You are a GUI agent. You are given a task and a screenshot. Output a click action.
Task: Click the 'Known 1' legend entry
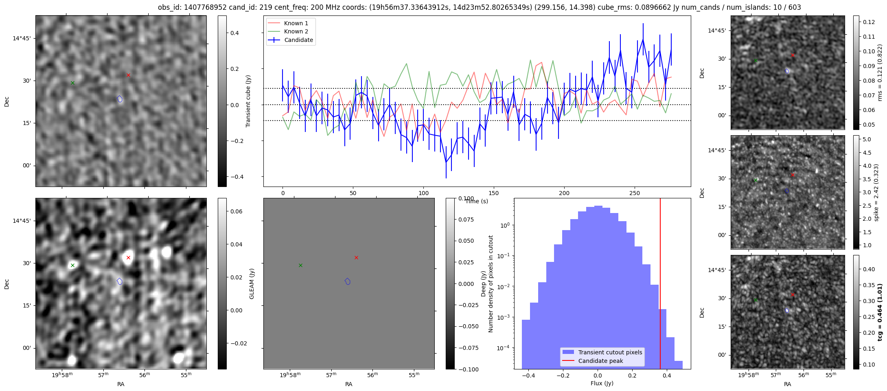pyautogui.click(x=296, y=23)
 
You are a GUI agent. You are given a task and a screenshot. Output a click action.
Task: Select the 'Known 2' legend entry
pyautogui.click(x=296, y=31)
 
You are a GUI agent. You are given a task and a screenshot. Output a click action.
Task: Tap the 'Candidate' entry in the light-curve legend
pyautogui.click(x=298, y=40)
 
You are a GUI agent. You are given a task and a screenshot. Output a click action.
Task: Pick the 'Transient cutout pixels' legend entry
pyautogui.click(x=610, y=352)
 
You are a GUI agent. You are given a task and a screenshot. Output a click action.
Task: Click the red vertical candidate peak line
pyautogui.click(x=660, y=285)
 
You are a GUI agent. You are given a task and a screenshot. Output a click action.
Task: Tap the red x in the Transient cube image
pyautogui.click(x=128, y=75)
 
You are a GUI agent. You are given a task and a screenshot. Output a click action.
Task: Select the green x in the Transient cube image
pyautogui.click(x=72, y=83)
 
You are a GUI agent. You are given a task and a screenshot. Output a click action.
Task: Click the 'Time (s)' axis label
pyautogui.click(x=477, y=201)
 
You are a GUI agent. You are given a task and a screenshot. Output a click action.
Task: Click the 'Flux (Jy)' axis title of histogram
pyautogui.click(x=602, y=383)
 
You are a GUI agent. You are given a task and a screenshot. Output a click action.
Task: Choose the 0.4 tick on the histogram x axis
pyautogui.click(x=666, y=376)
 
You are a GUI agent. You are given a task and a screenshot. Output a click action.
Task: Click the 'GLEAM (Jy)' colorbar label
pyautogui.click(x=252, y=284)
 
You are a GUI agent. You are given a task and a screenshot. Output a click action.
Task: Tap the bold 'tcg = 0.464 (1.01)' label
pyautogui.click(x=880, y=312)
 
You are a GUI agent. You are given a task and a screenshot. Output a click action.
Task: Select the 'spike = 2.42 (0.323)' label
pyautogui.click(x=876, y=193)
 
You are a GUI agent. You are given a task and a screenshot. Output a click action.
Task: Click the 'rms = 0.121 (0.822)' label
pyautogui.click(x=880, y=72)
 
